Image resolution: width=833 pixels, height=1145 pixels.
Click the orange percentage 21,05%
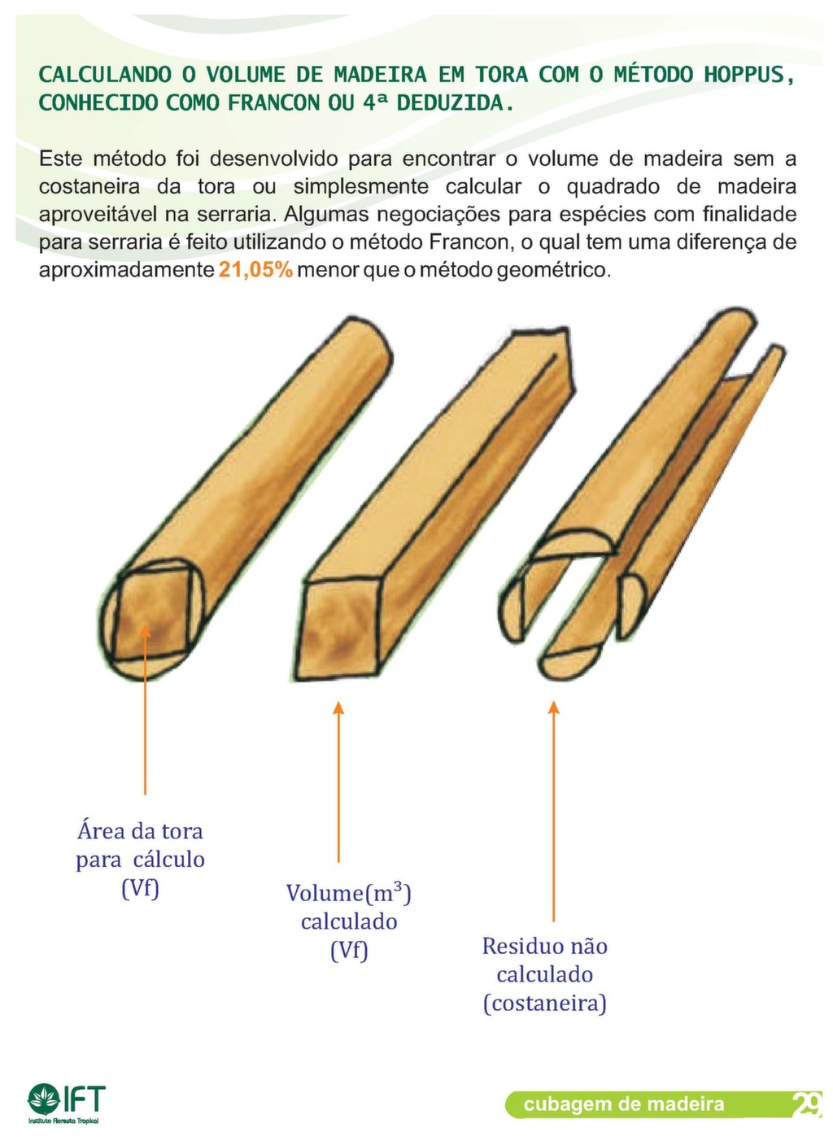point(255,270)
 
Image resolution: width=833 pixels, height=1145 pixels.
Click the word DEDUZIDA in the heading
point(455,103)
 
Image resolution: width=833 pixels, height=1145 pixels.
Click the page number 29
point(806,1104)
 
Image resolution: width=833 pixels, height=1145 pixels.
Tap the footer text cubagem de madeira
point(623,1104)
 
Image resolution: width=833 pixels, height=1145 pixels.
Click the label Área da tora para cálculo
point(140,859)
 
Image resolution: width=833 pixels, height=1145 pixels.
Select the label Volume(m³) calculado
point(348,921)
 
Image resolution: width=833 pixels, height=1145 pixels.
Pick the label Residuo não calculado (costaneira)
point(544,973)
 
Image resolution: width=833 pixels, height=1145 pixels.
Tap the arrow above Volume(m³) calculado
point(338,781)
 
